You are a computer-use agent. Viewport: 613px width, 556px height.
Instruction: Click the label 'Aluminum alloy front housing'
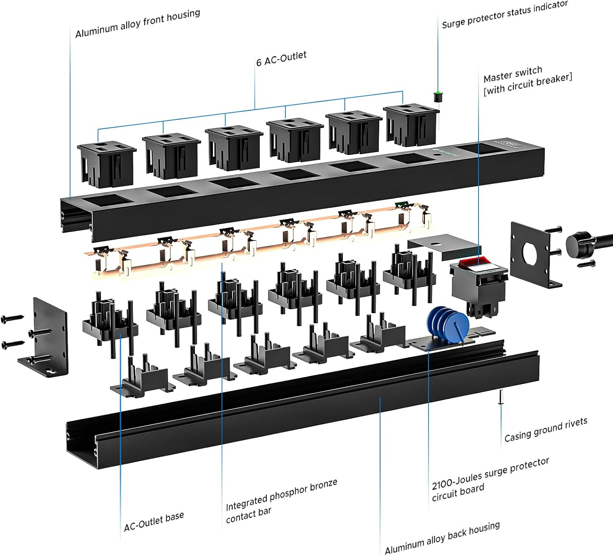pos(138,24)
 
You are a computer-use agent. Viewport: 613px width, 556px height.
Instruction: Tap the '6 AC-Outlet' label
pos(281,59)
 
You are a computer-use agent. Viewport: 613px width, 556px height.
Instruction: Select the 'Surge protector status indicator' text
pos(505,15)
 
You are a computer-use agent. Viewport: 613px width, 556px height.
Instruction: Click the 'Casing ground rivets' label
pos(546,430)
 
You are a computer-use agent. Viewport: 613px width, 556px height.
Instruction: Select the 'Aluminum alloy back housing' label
pos(442,537)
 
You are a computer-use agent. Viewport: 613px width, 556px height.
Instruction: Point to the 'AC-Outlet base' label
pos(154,521)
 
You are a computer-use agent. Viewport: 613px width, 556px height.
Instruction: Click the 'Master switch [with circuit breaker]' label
pos(527,80)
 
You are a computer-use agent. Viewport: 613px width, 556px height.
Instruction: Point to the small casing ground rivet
pos(501,397)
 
